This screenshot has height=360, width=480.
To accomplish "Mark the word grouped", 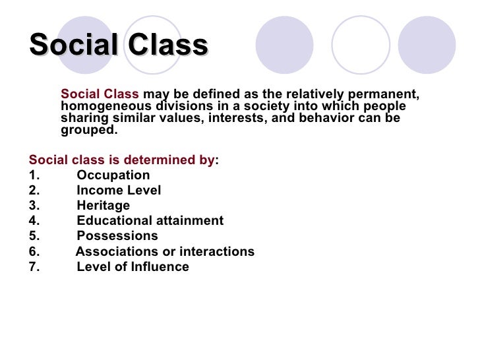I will point(88,130).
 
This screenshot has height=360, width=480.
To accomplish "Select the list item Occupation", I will point(113,175).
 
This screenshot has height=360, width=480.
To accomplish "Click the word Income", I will point(97,191).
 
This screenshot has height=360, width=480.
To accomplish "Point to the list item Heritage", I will point(103,206).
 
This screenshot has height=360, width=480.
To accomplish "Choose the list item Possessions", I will point(117,236).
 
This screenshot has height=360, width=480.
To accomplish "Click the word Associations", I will point(115,252).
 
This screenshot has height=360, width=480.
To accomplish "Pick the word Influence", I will point(162,267).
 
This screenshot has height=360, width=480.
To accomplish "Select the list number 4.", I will point(34,221).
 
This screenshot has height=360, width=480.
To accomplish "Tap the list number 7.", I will point(34,267).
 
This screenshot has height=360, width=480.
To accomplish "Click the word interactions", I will point(217,252).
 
